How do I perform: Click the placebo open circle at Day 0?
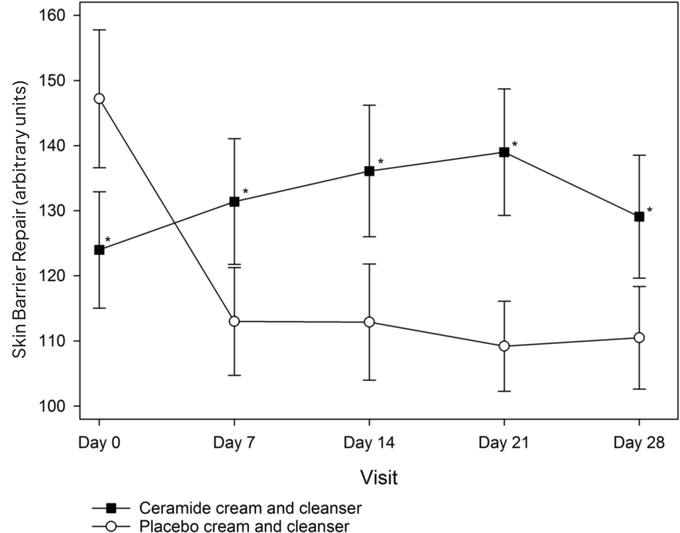(99, 99)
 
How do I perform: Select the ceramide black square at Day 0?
(99, 250)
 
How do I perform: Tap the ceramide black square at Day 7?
(234, 202)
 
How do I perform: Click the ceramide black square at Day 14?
(369, 171)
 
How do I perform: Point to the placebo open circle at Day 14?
(369, 322)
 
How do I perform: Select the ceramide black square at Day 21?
(504, 152)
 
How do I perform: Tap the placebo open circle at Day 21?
(504, 346)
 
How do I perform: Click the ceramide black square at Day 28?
(639, 216)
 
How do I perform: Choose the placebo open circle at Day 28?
(639, 338)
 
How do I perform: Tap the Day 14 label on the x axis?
(369, 443)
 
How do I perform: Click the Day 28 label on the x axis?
(639, 443)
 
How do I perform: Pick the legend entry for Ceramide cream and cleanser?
(250, 508)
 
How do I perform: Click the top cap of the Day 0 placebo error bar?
(99, 30)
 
